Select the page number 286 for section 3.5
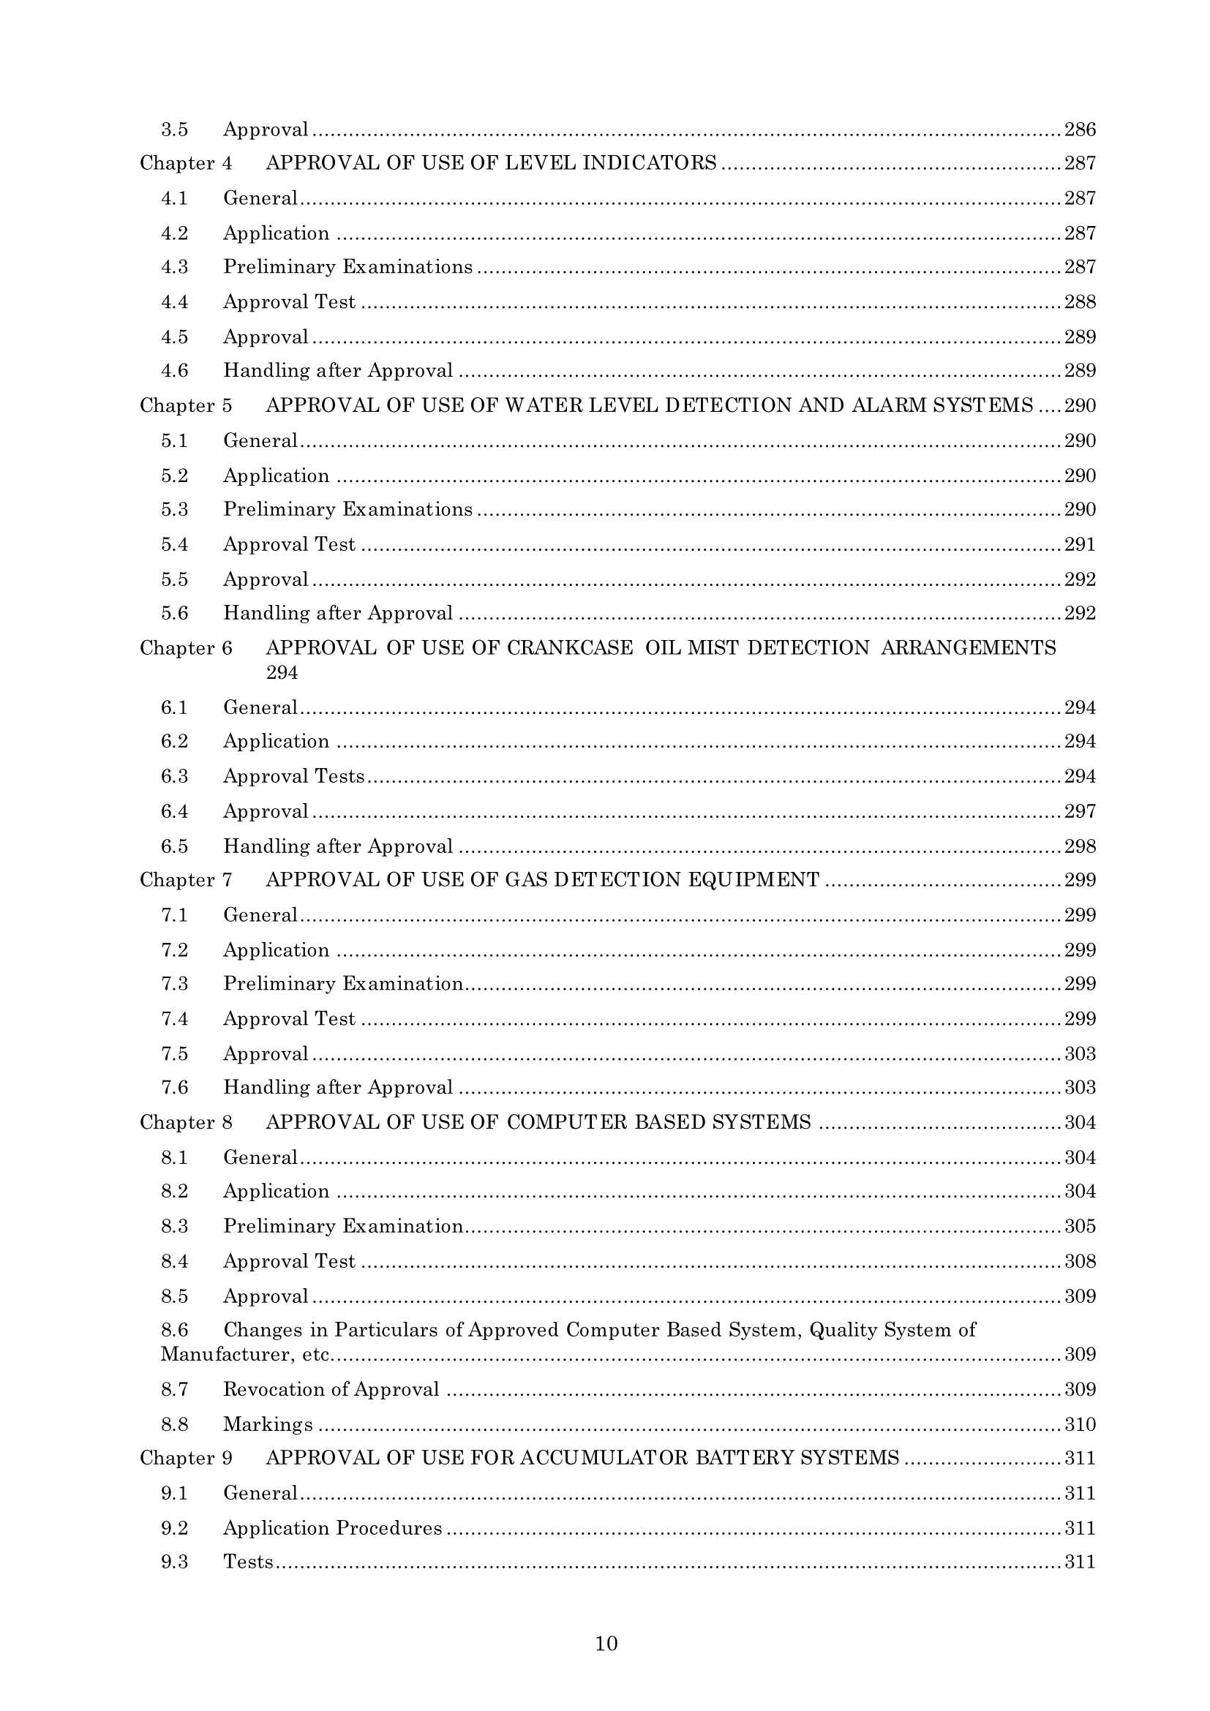coord(1080,129)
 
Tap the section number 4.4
coord(174,302)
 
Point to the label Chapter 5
coord(186,405)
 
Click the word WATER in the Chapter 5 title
coord(545,405)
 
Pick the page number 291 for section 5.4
coord(1080,545)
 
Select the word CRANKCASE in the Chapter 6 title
coord(570,647)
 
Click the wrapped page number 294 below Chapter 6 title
coord(282,672)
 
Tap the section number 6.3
coord(174,777)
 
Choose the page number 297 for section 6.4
coord(1080,811)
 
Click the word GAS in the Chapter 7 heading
coord(526,880)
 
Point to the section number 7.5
coord(174,1053)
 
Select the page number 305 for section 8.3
coord(1080,1226)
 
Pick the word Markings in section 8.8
coord(268,1424)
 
